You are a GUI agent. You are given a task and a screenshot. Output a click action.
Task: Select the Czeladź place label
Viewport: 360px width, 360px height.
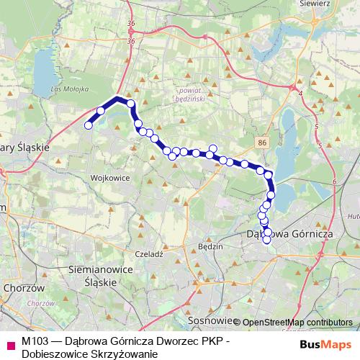[x=150, y=254]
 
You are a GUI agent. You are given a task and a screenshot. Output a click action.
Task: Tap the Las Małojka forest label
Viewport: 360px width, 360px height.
[x=70, y=89]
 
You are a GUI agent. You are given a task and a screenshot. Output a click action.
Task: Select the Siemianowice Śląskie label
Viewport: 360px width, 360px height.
[x=91, y=276]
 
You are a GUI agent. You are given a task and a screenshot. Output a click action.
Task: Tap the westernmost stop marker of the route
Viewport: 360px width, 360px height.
[x=89, y=125]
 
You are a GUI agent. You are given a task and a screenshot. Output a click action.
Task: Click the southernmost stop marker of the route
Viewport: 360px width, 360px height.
[x=268, y=240]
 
